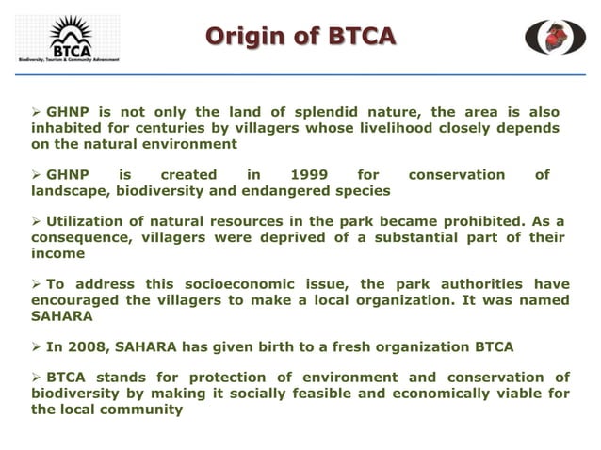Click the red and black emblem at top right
coord(555,37)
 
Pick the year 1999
coord(309,174)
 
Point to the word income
coord(57,254)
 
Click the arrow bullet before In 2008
coord(38,347)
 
